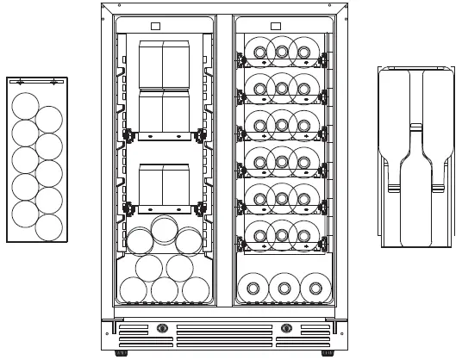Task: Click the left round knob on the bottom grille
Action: [x=161, y=328]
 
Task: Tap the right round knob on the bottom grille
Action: [x=288, y=328]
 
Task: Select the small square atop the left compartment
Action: [x=155, y=25]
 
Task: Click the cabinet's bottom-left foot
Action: [x=118, y=353]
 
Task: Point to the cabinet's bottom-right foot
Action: [x=328, y=353]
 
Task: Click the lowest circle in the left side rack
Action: [x=49, y=227]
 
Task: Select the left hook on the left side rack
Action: [x=20, y=82]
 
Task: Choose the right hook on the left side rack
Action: [x=53, y=82]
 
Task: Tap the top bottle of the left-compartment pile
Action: [x=164, y=231]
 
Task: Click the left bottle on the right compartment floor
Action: [x=251, y=287]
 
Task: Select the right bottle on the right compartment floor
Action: [x=314, y=287]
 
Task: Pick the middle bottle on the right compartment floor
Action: [x=282, y=287]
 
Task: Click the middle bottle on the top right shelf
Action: [x=282, y=52]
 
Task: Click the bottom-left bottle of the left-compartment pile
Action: [x=134, y=290]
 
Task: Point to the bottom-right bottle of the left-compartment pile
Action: [x=195, y=290]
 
